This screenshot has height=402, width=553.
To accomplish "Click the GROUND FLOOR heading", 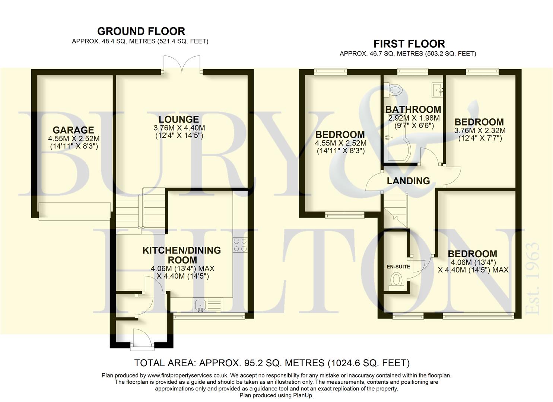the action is [141, 31].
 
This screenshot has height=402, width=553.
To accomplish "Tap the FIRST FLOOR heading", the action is [409, 44].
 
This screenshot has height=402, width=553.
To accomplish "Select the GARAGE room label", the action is [73, 130].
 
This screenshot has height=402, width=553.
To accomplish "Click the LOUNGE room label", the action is [179, 119].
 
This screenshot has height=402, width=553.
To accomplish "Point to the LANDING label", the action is [409, 181].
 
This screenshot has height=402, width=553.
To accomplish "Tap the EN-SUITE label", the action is [398, 267].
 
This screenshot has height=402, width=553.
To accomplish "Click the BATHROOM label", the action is [413, 109].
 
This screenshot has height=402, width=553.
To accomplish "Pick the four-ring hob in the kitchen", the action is [240, 245].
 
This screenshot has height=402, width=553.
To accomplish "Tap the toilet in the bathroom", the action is [396, 89].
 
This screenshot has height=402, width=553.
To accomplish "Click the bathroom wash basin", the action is [437, 90].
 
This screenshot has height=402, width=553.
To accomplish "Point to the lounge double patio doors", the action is [182, 65].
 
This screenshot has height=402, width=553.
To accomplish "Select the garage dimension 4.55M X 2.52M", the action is [74, 138].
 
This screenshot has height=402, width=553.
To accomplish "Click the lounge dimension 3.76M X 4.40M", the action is [179, 128].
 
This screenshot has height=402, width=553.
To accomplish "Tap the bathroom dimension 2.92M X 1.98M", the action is [414, 118].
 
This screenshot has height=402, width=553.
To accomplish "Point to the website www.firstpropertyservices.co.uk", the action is [188, 376].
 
